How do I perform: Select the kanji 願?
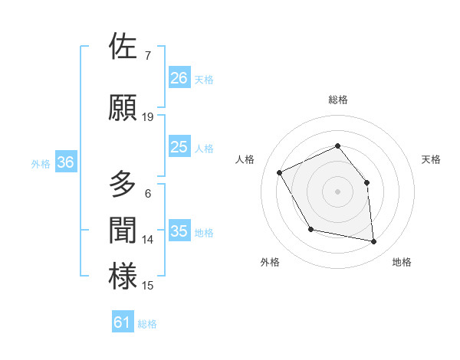(123, 107)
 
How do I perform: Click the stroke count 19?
(148, 117)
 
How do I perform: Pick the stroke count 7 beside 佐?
(148, 55)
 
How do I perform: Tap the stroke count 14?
(148, 240)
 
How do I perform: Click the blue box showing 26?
(179, 78)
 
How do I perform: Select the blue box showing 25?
(179, 147)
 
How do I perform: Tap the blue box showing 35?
(179, 231)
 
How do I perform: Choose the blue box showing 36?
(65, 162)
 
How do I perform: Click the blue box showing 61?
(123, 322)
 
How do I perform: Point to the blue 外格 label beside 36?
(41, 163)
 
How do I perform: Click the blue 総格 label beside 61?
(147, 324)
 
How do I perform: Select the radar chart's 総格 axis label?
(337, 100)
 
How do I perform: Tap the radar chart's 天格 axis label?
(432, 159)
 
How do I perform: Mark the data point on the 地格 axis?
(374, 242)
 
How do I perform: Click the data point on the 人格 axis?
(280, 173)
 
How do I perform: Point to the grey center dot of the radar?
(337, 191)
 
